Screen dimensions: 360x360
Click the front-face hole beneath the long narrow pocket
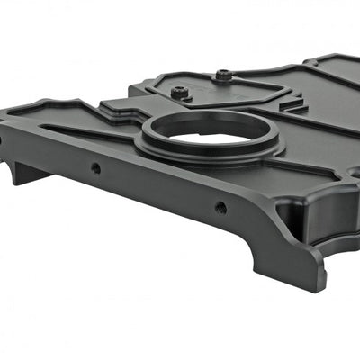point(95,167)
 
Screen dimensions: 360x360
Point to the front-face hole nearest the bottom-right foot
point(220,207)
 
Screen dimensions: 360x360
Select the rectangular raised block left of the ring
point(121,107)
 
